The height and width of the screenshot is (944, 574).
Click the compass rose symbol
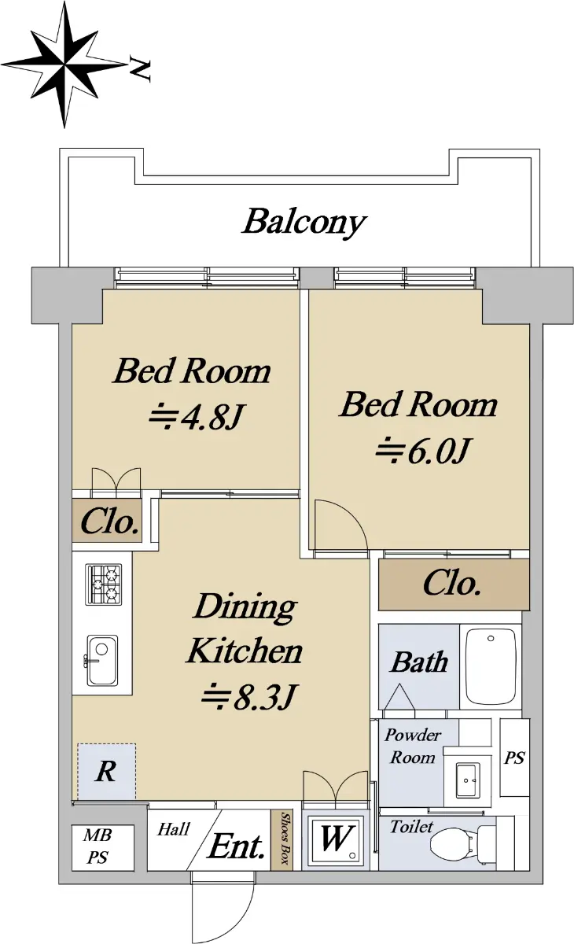pos(64,65)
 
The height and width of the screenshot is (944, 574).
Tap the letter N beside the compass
pos(140,68)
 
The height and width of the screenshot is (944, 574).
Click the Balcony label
pos(304,222)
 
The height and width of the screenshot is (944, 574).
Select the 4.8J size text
pos(197,417)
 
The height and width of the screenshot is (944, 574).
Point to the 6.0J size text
pos(422,452)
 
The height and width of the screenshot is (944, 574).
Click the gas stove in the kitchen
pos(104,584)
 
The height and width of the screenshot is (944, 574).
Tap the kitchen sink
pos(101,660)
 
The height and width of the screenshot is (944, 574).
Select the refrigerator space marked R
pos(107,771)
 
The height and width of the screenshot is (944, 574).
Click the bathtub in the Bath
pos(491,667)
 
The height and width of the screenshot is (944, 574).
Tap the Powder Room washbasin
pos(467,780)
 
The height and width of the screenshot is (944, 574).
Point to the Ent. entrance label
pos(236,846)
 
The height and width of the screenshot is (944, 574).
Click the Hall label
pos(174,829)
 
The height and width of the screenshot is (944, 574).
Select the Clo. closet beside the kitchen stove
pos(107,521)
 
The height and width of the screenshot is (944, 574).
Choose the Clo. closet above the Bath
pos(454,584)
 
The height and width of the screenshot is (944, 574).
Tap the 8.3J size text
pos(249,697)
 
